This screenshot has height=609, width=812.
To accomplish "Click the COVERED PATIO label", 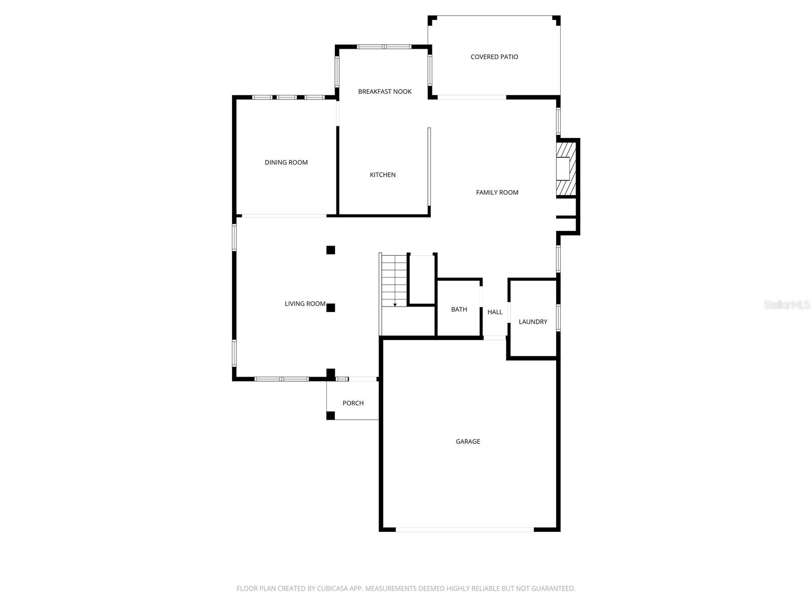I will tap(494, 57).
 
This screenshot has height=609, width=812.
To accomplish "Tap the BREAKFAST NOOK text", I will tap(385, 91).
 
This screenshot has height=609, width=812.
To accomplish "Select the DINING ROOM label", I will tap(286, 162).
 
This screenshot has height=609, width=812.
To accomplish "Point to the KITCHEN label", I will tap(383, 175).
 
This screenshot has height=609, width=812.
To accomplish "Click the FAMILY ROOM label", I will tap(497, 192).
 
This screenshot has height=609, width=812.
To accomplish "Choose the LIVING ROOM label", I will tap(304, 303).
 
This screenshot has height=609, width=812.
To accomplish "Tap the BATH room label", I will tap(459, 309).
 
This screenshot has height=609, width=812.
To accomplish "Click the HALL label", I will tap(495, 312).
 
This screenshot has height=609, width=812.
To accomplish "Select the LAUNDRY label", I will tap(533, 322).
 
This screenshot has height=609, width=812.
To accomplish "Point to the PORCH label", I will tap(353, 403).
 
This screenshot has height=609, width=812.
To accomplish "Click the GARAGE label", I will tap(467, 442).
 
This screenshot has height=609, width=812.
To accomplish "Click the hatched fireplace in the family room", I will tap(566, 168).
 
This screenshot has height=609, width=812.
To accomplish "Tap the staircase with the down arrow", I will tap(394, 281).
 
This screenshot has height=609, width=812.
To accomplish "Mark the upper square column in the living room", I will tap(330, 250).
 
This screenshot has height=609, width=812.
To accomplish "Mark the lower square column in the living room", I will tap(330, 308).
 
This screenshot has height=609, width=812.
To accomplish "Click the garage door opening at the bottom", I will tap(464, 529).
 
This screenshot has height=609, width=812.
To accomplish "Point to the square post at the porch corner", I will tap(330, 416).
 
